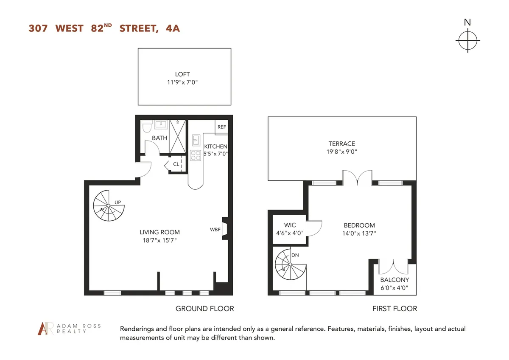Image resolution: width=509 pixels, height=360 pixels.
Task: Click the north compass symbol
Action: (467, 41)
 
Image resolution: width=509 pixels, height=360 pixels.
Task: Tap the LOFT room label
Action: (182, 74)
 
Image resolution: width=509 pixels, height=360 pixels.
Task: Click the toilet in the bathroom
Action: (147, 126)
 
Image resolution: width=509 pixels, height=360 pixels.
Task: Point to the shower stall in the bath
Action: (178, 135)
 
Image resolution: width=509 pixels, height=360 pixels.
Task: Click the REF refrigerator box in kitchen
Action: (221, 127)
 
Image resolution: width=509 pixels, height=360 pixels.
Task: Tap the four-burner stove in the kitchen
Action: (195, 156)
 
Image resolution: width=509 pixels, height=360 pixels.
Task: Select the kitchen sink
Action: (196, 140)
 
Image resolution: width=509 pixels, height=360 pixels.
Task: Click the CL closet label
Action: (176, 164)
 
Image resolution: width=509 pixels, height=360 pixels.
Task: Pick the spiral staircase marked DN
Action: (290, 265)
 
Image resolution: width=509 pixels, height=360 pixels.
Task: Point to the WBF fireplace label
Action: (215, 230)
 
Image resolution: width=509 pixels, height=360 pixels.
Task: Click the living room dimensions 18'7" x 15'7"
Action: (159, 240)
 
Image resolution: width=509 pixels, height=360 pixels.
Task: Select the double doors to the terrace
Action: (357, 179)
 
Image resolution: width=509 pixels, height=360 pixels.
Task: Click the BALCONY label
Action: (394, 280)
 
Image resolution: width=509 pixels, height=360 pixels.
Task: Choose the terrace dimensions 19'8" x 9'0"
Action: (341, 152)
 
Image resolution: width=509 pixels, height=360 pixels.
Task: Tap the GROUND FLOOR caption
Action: (204, 309)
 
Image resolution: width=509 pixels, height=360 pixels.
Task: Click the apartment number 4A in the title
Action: (173, 28)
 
